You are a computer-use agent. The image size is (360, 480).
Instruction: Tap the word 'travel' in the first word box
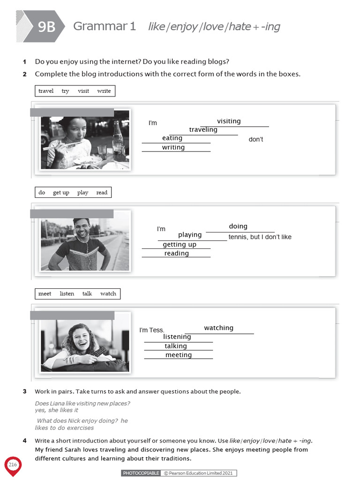[x=46, y=91]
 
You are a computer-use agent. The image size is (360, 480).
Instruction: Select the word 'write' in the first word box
[x=104, y=91]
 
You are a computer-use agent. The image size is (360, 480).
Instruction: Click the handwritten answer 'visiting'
[x=229, y=121]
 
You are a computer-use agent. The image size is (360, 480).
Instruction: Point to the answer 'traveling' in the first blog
[x=203, y=130]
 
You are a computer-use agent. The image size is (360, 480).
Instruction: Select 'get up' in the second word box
[x=61, y=193]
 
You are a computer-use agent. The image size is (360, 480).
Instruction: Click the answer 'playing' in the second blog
[x=190, y=235]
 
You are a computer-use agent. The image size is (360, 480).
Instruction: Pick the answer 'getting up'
[x=180, y=245]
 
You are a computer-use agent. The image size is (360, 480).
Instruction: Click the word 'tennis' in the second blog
[x=238, y=237]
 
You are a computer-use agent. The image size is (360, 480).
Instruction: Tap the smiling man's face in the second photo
[x=82, y=229]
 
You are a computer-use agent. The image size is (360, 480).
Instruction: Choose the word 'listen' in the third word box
[x=67, y=294]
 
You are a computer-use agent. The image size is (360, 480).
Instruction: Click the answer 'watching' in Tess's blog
[x=218, y=328]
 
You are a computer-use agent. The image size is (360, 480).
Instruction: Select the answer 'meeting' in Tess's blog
[x=179, y=355]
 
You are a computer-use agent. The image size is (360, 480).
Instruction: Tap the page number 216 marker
[x=13, y=465]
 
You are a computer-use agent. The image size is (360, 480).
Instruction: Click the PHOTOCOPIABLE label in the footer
[x=141, y=473]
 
